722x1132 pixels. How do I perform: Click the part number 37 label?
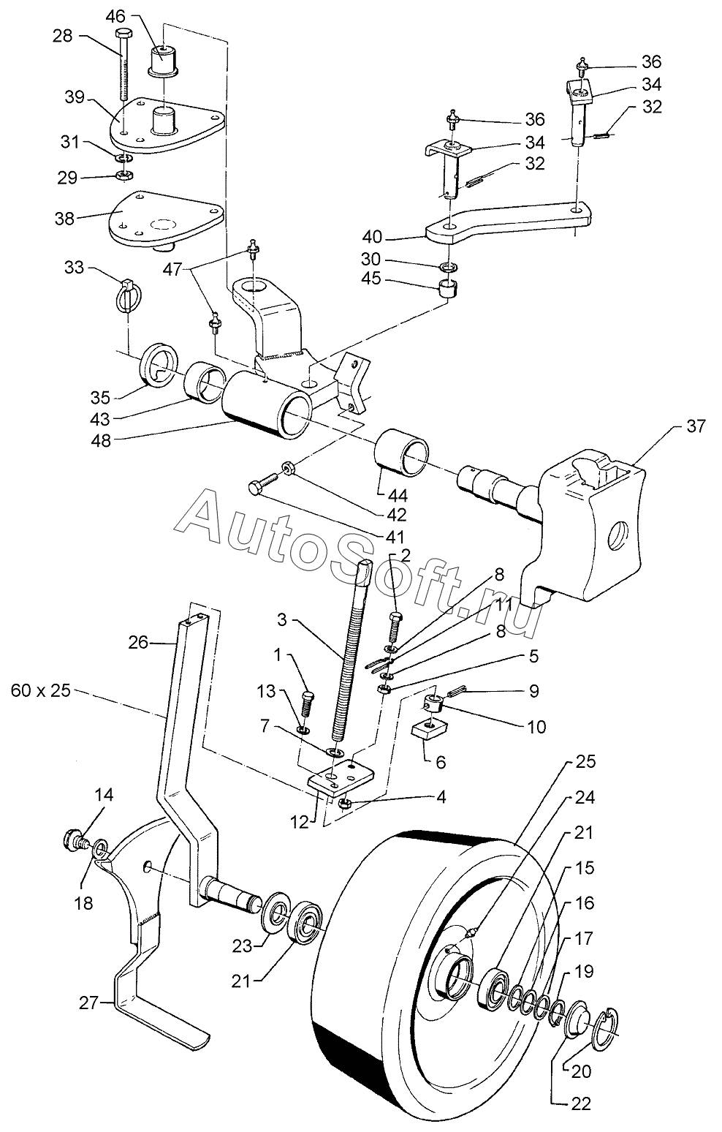(x=696, y=426)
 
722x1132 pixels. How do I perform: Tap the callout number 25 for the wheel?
(x=585, y=762)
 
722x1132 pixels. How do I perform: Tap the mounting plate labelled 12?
(x=340, y=777)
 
